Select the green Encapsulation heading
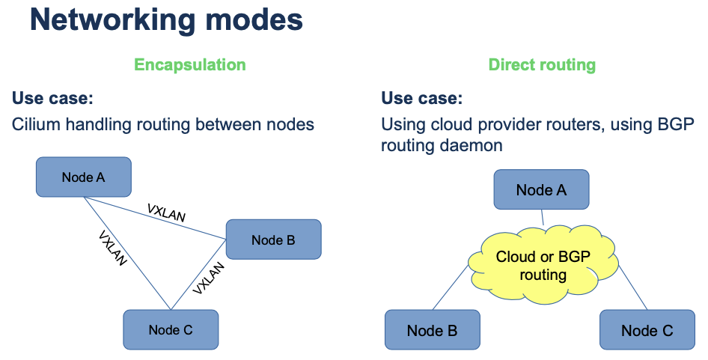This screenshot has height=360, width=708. coord(190,64)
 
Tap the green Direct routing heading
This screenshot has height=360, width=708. coord(542,64)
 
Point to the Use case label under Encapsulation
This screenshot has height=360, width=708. coord(52,99)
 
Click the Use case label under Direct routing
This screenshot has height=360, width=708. coord(422,99)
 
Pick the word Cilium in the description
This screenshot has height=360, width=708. coord(36,124)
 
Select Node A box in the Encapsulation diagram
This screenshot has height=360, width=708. coord(84,177)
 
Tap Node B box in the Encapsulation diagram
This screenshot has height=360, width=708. coord(273,240)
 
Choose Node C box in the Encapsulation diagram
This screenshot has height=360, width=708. coord(171,329)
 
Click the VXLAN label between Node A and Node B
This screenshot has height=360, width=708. coord(166,213)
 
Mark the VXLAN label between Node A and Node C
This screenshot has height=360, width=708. coord(112,248)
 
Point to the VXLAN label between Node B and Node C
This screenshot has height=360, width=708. coord(208,278)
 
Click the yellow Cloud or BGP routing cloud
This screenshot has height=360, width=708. coord(543,266)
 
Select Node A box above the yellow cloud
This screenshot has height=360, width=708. coord(541,189)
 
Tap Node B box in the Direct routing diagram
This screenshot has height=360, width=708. coord(432,330)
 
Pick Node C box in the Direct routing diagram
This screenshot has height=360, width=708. coord(647,330)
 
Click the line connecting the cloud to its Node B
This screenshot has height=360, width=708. coord(450,287)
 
